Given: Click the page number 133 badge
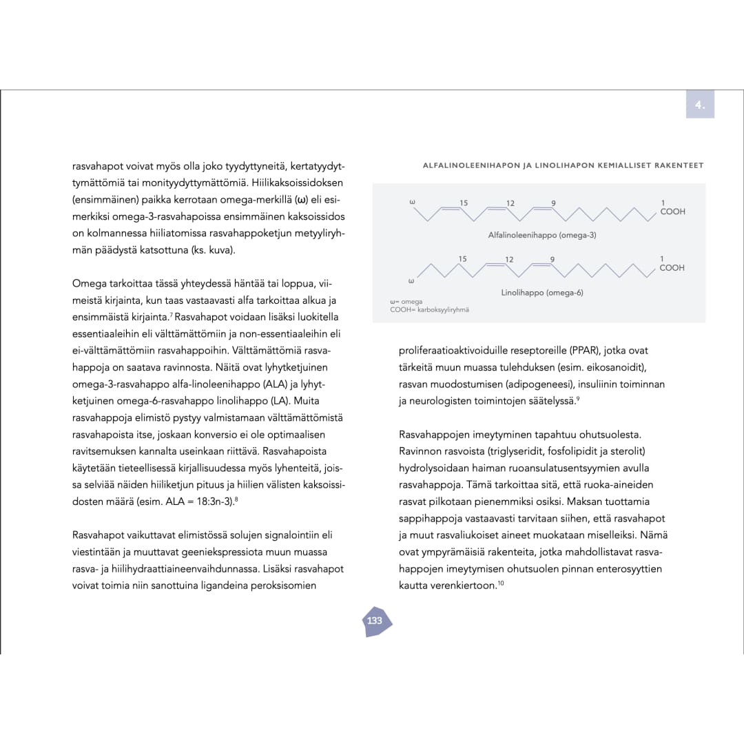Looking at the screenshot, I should [375, 621].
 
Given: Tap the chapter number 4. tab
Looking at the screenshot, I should [700, 105].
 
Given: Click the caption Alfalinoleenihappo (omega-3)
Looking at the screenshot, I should [542, 235].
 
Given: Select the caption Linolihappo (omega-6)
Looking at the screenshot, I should [542, 293].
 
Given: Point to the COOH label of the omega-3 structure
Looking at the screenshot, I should [672, 211].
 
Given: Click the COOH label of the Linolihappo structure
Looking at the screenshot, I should [672, 268].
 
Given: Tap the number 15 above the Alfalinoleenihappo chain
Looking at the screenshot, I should [464, 203].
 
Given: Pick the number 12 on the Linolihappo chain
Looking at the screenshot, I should [509, 259].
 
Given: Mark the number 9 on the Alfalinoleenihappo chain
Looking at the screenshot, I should [553, 203].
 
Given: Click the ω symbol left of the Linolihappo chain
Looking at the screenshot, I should [411, 281].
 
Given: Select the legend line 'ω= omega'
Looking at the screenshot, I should [406, 302].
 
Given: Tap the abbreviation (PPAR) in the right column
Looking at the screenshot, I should [582, 351].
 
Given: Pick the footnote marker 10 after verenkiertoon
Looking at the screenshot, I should [501, 584].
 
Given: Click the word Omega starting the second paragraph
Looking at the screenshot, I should [90, 284].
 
